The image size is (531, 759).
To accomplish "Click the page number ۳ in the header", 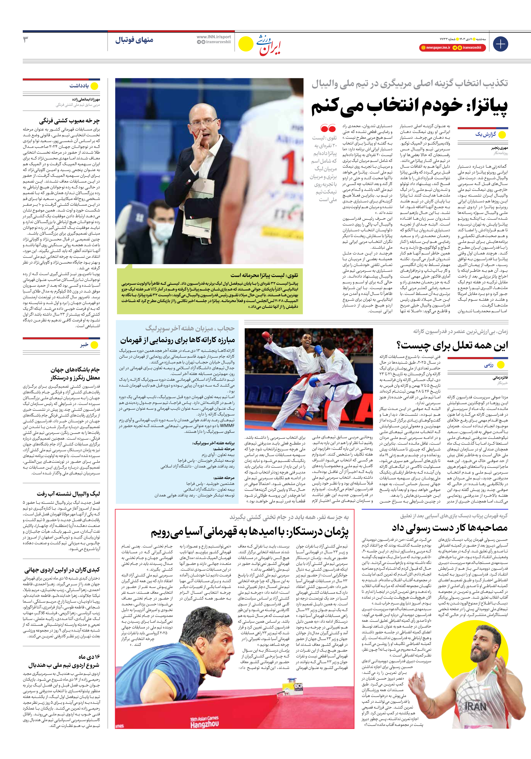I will pyautogui.click(x=25, y=40).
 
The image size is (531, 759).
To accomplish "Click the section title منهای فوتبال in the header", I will pyautogui.click(x=134, y=40).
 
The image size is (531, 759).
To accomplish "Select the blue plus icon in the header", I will pyautogui.click(x=500, y=44).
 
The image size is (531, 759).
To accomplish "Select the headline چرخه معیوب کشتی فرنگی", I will pyautogui.click(x=69, y=121).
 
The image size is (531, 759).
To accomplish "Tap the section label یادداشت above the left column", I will pyautogui.click(x=79, y=86).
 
